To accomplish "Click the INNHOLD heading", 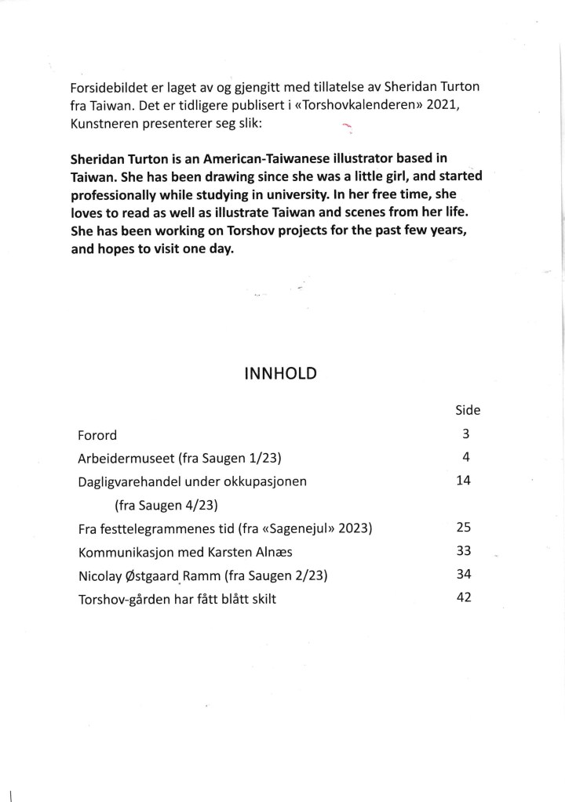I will (x=280, y=373).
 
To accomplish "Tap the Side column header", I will (x=468, y=410).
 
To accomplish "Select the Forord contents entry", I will (x=97, y=434).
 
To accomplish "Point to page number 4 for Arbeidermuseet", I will (x=466, y=457).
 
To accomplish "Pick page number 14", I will (x=463, y=481).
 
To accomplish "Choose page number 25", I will (x=463, y=528).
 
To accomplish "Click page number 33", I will (x=463, y=551).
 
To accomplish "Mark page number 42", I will (x=463, y=598).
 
